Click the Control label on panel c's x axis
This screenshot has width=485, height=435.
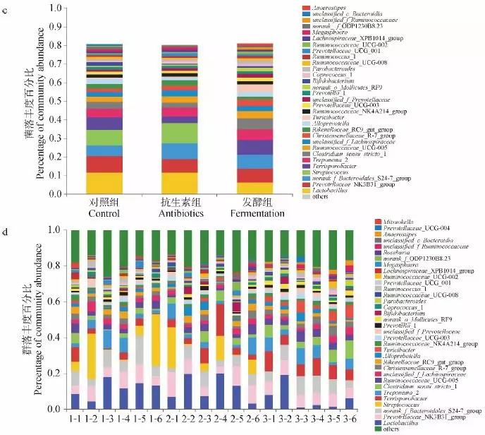(104, 213)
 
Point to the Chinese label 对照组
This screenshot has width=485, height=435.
(104, 201)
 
